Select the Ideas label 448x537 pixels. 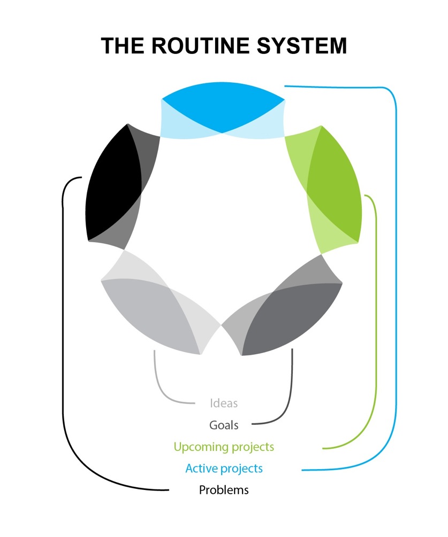tap(224, 403)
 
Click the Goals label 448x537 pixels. tap(224, 425)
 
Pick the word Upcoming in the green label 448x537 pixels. tap(200, 447)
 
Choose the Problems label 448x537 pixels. tap(224, 490)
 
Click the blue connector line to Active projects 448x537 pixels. tap(396, 267)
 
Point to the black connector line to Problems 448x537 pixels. tap(63, 321)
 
